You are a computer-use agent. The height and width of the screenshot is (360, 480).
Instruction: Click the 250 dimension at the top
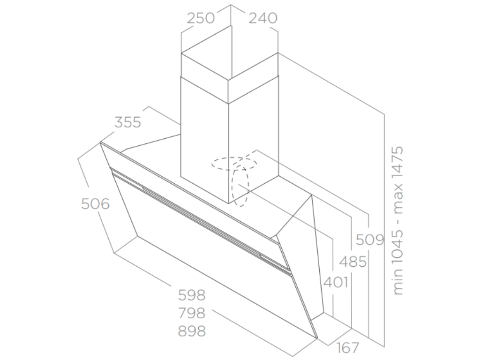201,18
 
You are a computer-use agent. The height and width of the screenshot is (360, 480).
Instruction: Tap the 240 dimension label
262,18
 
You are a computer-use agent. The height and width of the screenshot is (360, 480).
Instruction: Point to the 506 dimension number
95,204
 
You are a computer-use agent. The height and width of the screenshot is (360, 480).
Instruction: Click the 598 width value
192,295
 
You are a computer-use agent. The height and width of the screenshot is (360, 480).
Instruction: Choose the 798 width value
192,313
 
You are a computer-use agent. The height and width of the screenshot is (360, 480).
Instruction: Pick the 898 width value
192,331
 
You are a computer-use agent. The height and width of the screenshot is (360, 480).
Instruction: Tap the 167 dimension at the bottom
348,348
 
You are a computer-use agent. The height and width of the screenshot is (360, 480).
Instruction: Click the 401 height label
336,282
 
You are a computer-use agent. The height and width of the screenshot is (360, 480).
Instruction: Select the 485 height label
353,261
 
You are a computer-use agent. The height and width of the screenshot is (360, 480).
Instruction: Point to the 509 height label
370,240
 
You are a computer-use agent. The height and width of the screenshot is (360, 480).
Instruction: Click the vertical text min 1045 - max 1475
398,220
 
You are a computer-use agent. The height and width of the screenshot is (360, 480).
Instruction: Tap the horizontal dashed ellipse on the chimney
233,164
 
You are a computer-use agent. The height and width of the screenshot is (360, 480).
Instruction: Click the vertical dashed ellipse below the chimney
240,186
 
